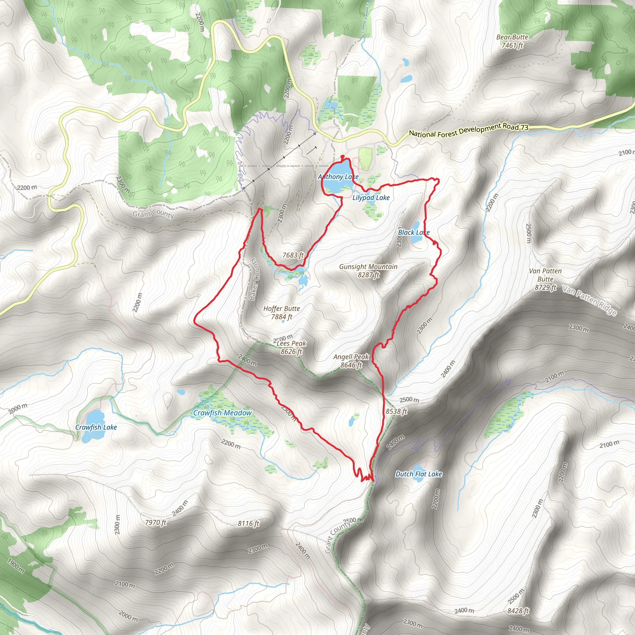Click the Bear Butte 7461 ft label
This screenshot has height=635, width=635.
click(x=512, y=41)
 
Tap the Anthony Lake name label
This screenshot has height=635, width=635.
click(x=338, y=177)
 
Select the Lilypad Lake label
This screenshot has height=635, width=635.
click(x=371, y=198)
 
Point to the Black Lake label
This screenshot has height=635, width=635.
click(x=414, y=232)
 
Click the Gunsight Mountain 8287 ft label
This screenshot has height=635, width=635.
click(x=368, y=270)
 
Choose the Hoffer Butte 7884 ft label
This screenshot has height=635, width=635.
click(x=281, y=313)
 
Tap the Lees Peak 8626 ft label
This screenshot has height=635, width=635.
click(x=291, y=347)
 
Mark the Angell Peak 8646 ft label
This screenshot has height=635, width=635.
click(x=351, y=361)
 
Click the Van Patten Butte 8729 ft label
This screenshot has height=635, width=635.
click(x=545, y=279)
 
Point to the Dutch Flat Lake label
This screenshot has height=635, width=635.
click(x=418, y=474)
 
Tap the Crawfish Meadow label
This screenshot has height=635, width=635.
click(x=222, y=413)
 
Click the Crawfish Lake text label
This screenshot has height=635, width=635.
click(x=96, y=427)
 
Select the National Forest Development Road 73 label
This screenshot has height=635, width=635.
click(x=469, y=130)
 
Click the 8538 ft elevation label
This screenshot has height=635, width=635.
click(x=396, y=411)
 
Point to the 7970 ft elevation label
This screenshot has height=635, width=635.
click(x=155, y=522)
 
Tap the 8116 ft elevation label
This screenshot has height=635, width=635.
click(x=248, y=523)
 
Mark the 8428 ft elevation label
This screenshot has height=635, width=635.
click(x=518, y=611)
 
